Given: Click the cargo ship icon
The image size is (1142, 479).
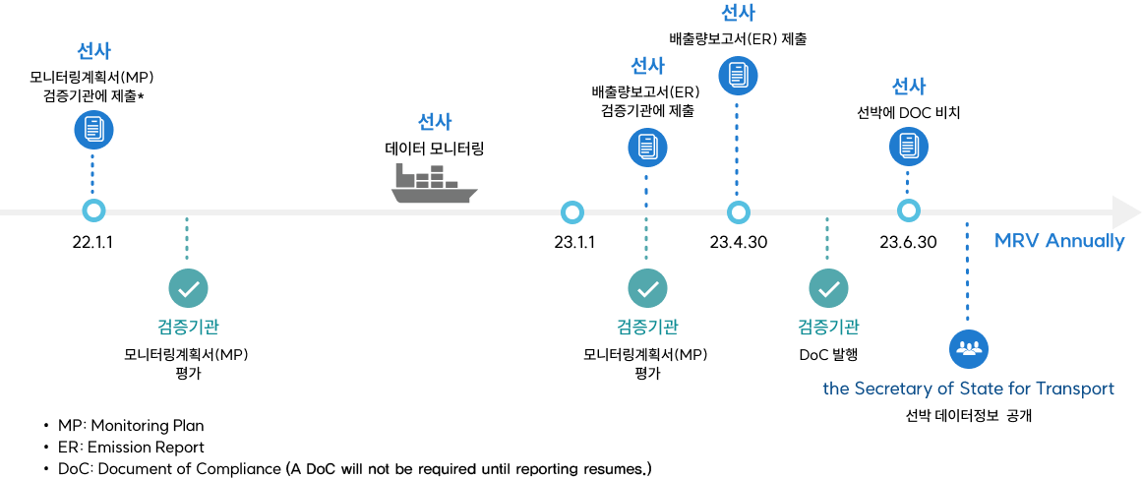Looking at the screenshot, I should (434, 184).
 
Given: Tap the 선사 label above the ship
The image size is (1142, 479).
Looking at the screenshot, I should (435, 122).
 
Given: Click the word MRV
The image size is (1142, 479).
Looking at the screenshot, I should (1017, 241).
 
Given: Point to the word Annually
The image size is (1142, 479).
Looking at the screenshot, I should (1085, 241).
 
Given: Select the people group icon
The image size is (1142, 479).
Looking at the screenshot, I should (969, 348).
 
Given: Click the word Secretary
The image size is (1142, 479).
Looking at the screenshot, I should (891, 389).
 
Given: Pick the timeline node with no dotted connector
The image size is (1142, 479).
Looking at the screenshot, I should (571, 211).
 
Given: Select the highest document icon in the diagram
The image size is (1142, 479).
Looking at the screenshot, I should (738, 75).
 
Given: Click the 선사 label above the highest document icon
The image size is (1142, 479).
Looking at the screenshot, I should (738, 13).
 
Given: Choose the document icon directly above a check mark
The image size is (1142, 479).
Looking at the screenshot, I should (647, 148).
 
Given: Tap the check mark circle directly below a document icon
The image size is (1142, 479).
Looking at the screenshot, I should (647, 288).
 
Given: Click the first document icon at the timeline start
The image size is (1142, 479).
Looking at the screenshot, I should (93, 129).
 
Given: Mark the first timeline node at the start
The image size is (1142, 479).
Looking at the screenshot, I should (93, 210).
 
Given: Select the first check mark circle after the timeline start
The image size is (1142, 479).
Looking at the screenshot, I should (188, 288).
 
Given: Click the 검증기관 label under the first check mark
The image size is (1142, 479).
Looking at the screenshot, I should (188, 327).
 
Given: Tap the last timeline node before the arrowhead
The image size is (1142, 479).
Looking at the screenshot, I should (909, 210).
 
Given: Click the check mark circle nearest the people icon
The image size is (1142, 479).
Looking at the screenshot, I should (828, 288).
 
